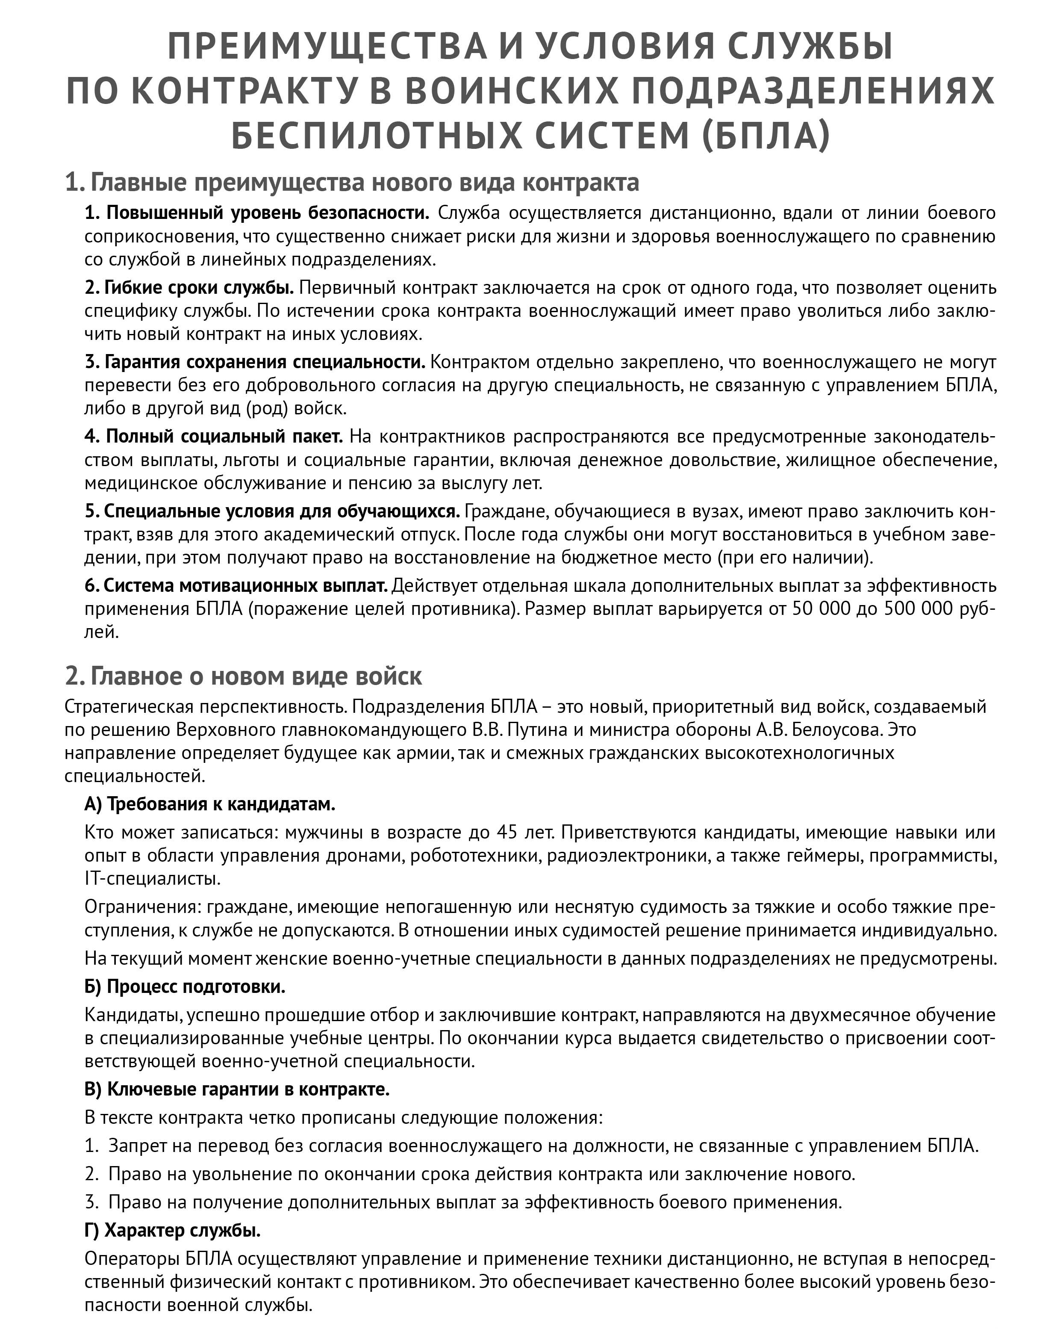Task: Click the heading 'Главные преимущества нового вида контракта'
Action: click(352, 183)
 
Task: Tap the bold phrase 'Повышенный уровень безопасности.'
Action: click(257, 213)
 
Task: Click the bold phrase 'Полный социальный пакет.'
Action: click(213, 437)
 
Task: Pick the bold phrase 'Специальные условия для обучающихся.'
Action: click(272, 511)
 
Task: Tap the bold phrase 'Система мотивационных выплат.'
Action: click(236, 585)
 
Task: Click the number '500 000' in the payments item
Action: click(918, 609)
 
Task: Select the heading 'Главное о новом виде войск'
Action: click(244, 676)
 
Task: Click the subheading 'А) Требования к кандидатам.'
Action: click(209, 804)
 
